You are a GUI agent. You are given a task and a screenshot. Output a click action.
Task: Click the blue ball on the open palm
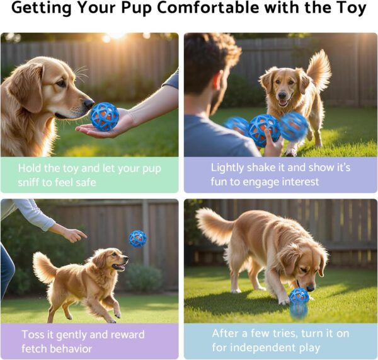[x=104, y=116]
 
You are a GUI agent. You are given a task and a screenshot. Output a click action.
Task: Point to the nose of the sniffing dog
[x=89, y=103]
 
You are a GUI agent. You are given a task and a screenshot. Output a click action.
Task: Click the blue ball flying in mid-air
[x=137, y=238]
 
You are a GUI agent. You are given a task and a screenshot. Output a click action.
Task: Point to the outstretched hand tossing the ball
[x=74, y=235]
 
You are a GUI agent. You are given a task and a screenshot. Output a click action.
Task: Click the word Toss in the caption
[x=33, y=334]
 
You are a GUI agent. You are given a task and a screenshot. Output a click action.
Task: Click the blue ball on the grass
[x=299, y=296]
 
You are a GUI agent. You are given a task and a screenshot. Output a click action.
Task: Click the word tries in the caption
[x=279, y=333]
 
